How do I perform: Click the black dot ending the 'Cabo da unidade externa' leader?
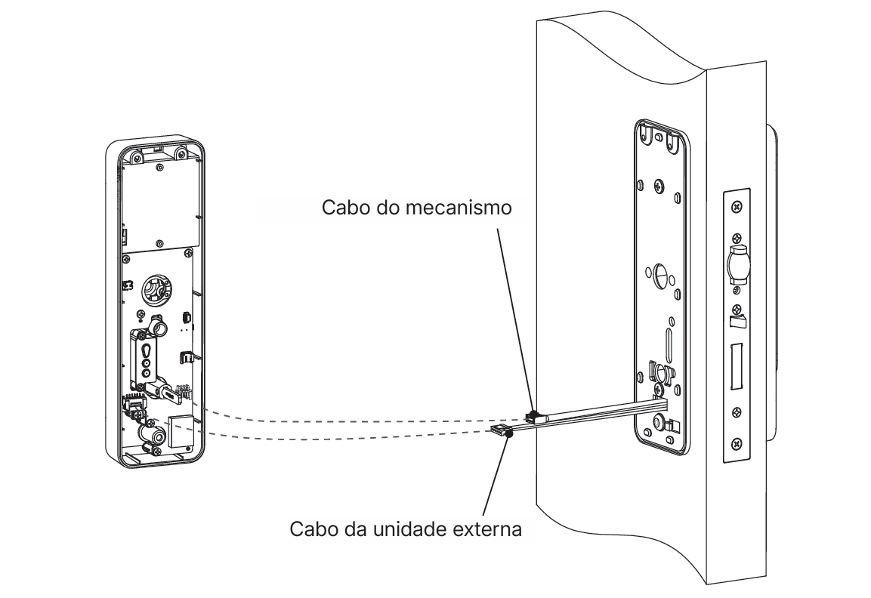pos(510,433)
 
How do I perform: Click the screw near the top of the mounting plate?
pos(659,185)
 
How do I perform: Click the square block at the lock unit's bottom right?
pos(179,430)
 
